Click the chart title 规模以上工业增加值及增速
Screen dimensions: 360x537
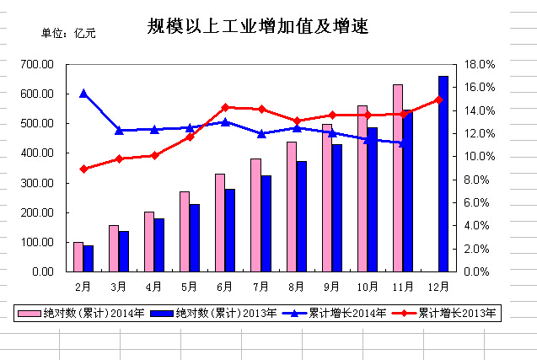click(258, 28)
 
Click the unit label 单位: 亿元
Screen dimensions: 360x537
click(69, 34)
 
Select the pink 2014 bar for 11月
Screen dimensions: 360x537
click(398, 177)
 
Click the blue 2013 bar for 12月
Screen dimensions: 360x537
click(443, 174)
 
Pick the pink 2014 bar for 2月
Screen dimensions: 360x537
click(78, 256)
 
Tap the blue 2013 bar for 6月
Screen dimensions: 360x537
click(229, 230)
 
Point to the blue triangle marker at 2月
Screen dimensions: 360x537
click(83, 94)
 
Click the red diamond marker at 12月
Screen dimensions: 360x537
click(438, 99)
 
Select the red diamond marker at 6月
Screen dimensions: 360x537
click(225, 107)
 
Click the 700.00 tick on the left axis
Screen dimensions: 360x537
click(38, 64)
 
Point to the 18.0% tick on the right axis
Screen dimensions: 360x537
click(478, 64)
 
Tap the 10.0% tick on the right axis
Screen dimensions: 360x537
click(478, 157)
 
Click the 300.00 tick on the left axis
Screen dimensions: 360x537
click(38, 183)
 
